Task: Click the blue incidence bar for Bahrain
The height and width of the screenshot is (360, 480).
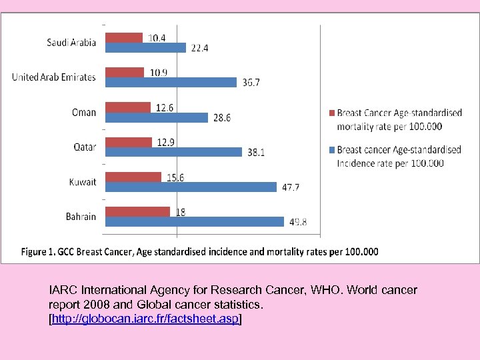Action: [195, 222]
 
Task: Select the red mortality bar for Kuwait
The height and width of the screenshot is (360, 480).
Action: [133, 177]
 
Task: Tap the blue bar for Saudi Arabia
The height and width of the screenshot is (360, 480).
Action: [146, 47]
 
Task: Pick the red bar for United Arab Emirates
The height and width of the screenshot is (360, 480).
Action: [125, 72]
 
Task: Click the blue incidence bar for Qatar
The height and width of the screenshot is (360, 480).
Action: [174, 152]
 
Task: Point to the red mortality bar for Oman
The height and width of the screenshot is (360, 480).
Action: [129, 107]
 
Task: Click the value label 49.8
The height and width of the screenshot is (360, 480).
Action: [297, 222]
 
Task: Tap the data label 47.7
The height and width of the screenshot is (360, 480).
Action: [291, 187]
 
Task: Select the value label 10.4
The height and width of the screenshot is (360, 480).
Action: [157, 37]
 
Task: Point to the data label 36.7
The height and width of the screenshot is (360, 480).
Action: [251, 83]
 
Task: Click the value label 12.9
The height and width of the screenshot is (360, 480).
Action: [167, 141]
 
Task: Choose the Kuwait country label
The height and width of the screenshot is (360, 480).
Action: [83, 181]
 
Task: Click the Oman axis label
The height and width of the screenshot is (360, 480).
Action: [85, 112]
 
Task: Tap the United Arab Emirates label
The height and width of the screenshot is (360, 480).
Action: [54, 77]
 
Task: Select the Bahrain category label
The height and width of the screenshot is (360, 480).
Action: [81, 216]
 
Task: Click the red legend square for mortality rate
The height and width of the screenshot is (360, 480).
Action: [331, 113]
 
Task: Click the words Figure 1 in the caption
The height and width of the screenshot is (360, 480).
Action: [39, 251]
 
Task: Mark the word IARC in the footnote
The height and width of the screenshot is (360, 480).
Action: [62, 291]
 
